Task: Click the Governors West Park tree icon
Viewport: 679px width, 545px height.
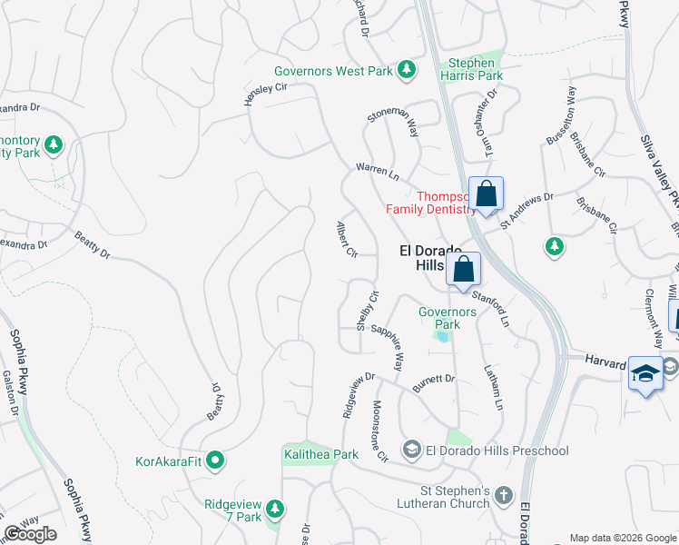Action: (x=408, y=69)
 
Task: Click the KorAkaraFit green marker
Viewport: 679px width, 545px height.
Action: (x=215, y=461)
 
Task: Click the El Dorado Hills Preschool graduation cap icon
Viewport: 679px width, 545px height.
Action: (x=412, y=451)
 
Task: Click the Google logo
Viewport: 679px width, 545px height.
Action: (x=30, y=534)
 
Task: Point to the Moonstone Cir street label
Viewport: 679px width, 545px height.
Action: (x=379, y=430)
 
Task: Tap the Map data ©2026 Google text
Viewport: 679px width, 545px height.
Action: (x=622, y=538)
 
